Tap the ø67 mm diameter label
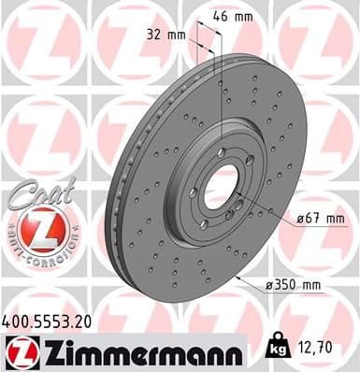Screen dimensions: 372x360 [x=320, y=219]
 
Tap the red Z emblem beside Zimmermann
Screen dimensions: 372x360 [x=19, y=353]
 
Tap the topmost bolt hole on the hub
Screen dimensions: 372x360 [x=221, y=151]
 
